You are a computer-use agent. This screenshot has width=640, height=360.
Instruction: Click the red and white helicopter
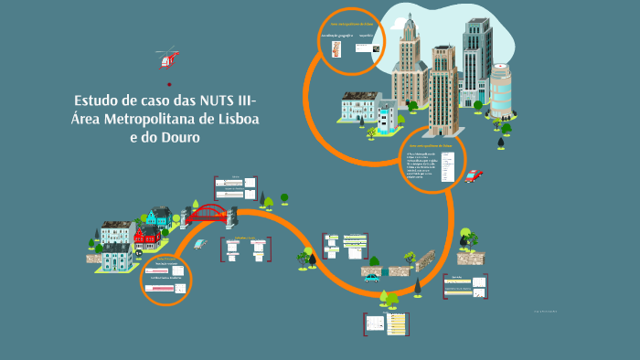pyautogui.click(x=167, y=59)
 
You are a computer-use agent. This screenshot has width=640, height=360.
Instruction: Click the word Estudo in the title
pyautogui.click(x=97, y=100)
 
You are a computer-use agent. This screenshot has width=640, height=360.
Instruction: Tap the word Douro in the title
pyautogui.click(x=177, y=137)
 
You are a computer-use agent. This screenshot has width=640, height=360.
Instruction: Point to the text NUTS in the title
pyautogui.click(x=212, y=100)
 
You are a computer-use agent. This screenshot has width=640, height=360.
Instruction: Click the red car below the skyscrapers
pyautogui.click(x=473, y=175)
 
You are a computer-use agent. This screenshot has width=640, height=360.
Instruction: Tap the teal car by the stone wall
pyautogui.click(x=372, y=277)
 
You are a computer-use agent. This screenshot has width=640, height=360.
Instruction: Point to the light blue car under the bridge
pyautogui.click(x=202, y=243)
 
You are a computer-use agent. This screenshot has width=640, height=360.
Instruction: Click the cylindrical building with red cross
pyautogui.click(x=501, y=91)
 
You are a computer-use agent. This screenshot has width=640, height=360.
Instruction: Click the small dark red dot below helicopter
pyautogui.click(x=169, y=84)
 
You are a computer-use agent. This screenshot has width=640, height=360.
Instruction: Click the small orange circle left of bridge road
pyautogui.click(x=166, y=279)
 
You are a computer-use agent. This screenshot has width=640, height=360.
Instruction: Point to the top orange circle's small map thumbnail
pyautogui.click(x=336, y=48)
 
